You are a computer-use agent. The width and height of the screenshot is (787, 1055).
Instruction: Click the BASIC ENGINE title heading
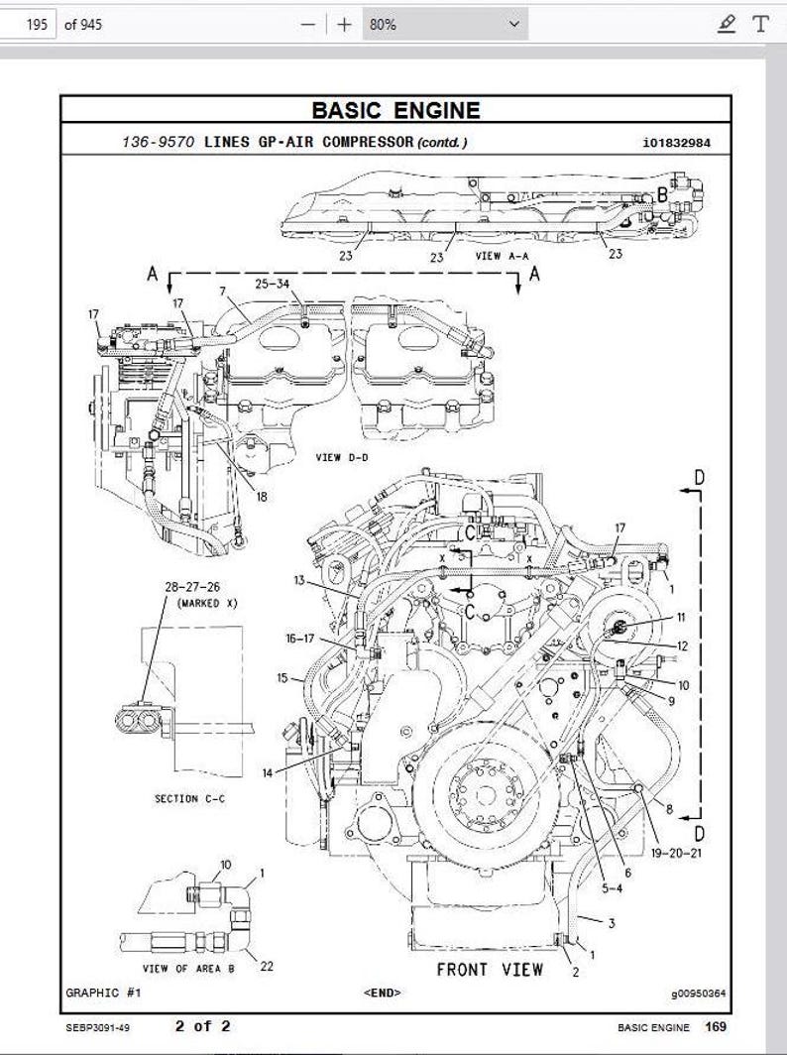pos(395,110)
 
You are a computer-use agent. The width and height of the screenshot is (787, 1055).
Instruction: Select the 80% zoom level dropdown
pos(443,24)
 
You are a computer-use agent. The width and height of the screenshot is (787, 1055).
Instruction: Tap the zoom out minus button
pos(309,24)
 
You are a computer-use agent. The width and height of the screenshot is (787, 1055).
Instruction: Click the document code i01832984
pos(676,142)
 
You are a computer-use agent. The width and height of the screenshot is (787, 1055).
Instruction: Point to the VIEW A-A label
pos(502,255)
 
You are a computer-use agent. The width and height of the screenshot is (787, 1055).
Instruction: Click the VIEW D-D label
pos(342,457)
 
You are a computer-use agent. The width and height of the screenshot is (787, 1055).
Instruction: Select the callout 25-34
pos(272,284)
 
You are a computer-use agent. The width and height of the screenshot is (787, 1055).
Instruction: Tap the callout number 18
pos(262,497)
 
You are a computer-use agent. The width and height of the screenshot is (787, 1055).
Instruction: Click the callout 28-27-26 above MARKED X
pos(192,587)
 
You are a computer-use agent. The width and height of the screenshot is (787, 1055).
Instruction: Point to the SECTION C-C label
pos(189,798)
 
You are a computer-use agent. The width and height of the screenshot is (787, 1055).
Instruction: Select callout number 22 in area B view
pos(266,966)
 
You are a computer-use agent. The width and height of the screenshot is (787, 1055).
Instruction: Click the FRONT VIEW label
pos(490,969)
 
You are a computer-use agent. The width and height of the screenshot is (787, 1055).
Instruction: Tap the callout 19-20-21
pos(679,852)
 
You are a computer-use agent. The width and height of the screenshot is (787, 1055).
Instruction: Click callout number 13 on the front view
pos(299,579)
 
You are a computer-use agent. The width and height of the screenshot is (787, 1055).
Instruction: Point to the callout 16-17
pos(300,639)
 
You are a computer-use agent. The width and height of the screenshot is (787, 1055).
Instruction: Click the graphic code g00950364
pos(698,993)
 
